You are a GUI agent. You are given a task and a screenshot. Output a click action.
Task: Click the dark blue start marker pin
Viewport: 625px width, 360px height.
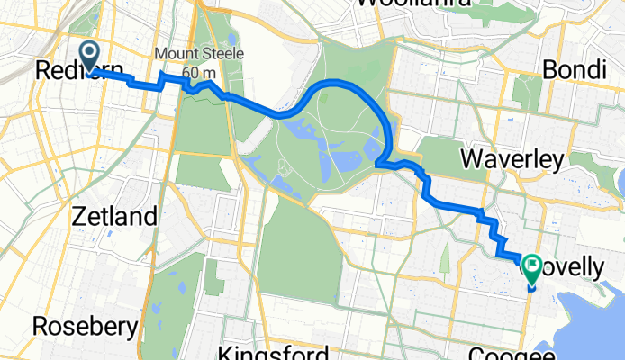tap(91, 55)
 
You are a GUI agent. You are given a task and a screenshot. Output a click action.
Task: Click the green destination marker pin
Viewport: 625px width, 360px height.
tap(531, 268)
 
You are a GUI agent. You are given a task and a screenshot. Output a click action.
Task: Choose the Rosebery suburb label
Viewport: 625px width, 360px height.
tap(86, 326)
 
